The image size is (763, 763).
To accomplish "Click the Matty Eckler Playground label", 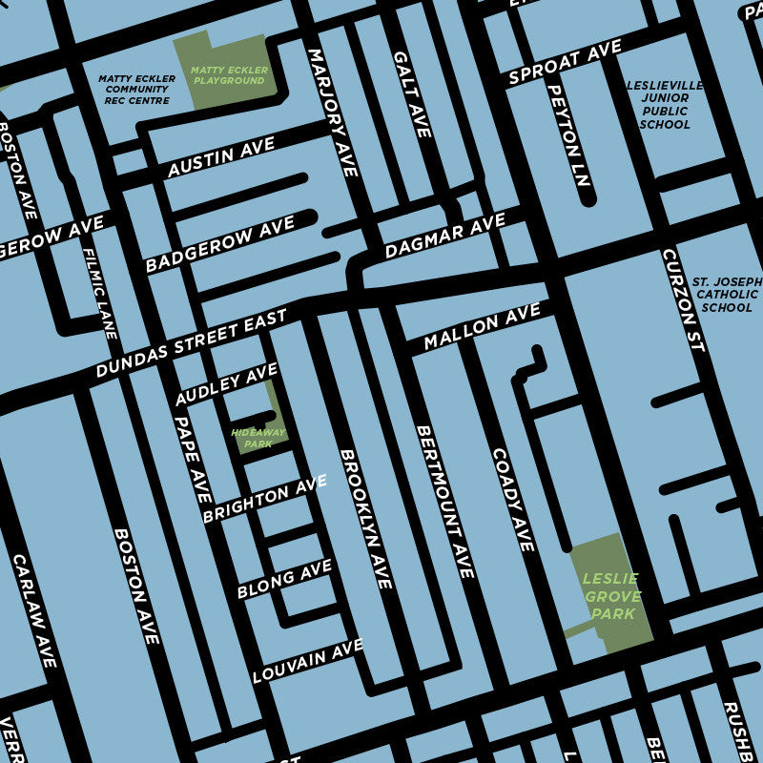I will tap(228, 75).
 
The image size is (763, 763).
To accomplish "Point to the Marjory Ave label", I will tap(333, 113).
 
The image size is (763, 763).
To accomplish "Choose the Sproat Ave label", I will tap(565, 63).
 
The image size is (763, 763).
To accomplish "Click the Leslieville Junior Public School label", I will tap(665, 105).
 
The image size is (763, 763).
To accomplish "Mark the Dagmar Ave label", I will tap(444, 237).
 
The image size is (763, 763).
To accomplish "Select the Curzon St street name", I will tap(684, 300).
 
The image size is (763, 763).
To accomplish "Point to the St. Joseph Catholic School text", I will tap(727, 295).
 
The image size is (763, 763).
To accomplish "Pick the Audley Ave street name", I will tap(226, 384).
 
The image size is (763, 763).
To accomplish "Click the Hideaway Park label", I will tap(258, 438).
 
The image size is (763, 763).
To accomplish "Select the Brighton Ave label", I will tap(264, 500).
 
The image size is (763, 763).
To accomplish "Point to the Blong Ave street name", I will tap(284, 580).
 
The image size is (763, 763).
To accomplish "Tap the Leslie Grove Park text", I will tap(610, 595).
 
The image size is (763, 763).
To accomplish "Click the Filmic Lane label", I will tap(99, 294).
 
